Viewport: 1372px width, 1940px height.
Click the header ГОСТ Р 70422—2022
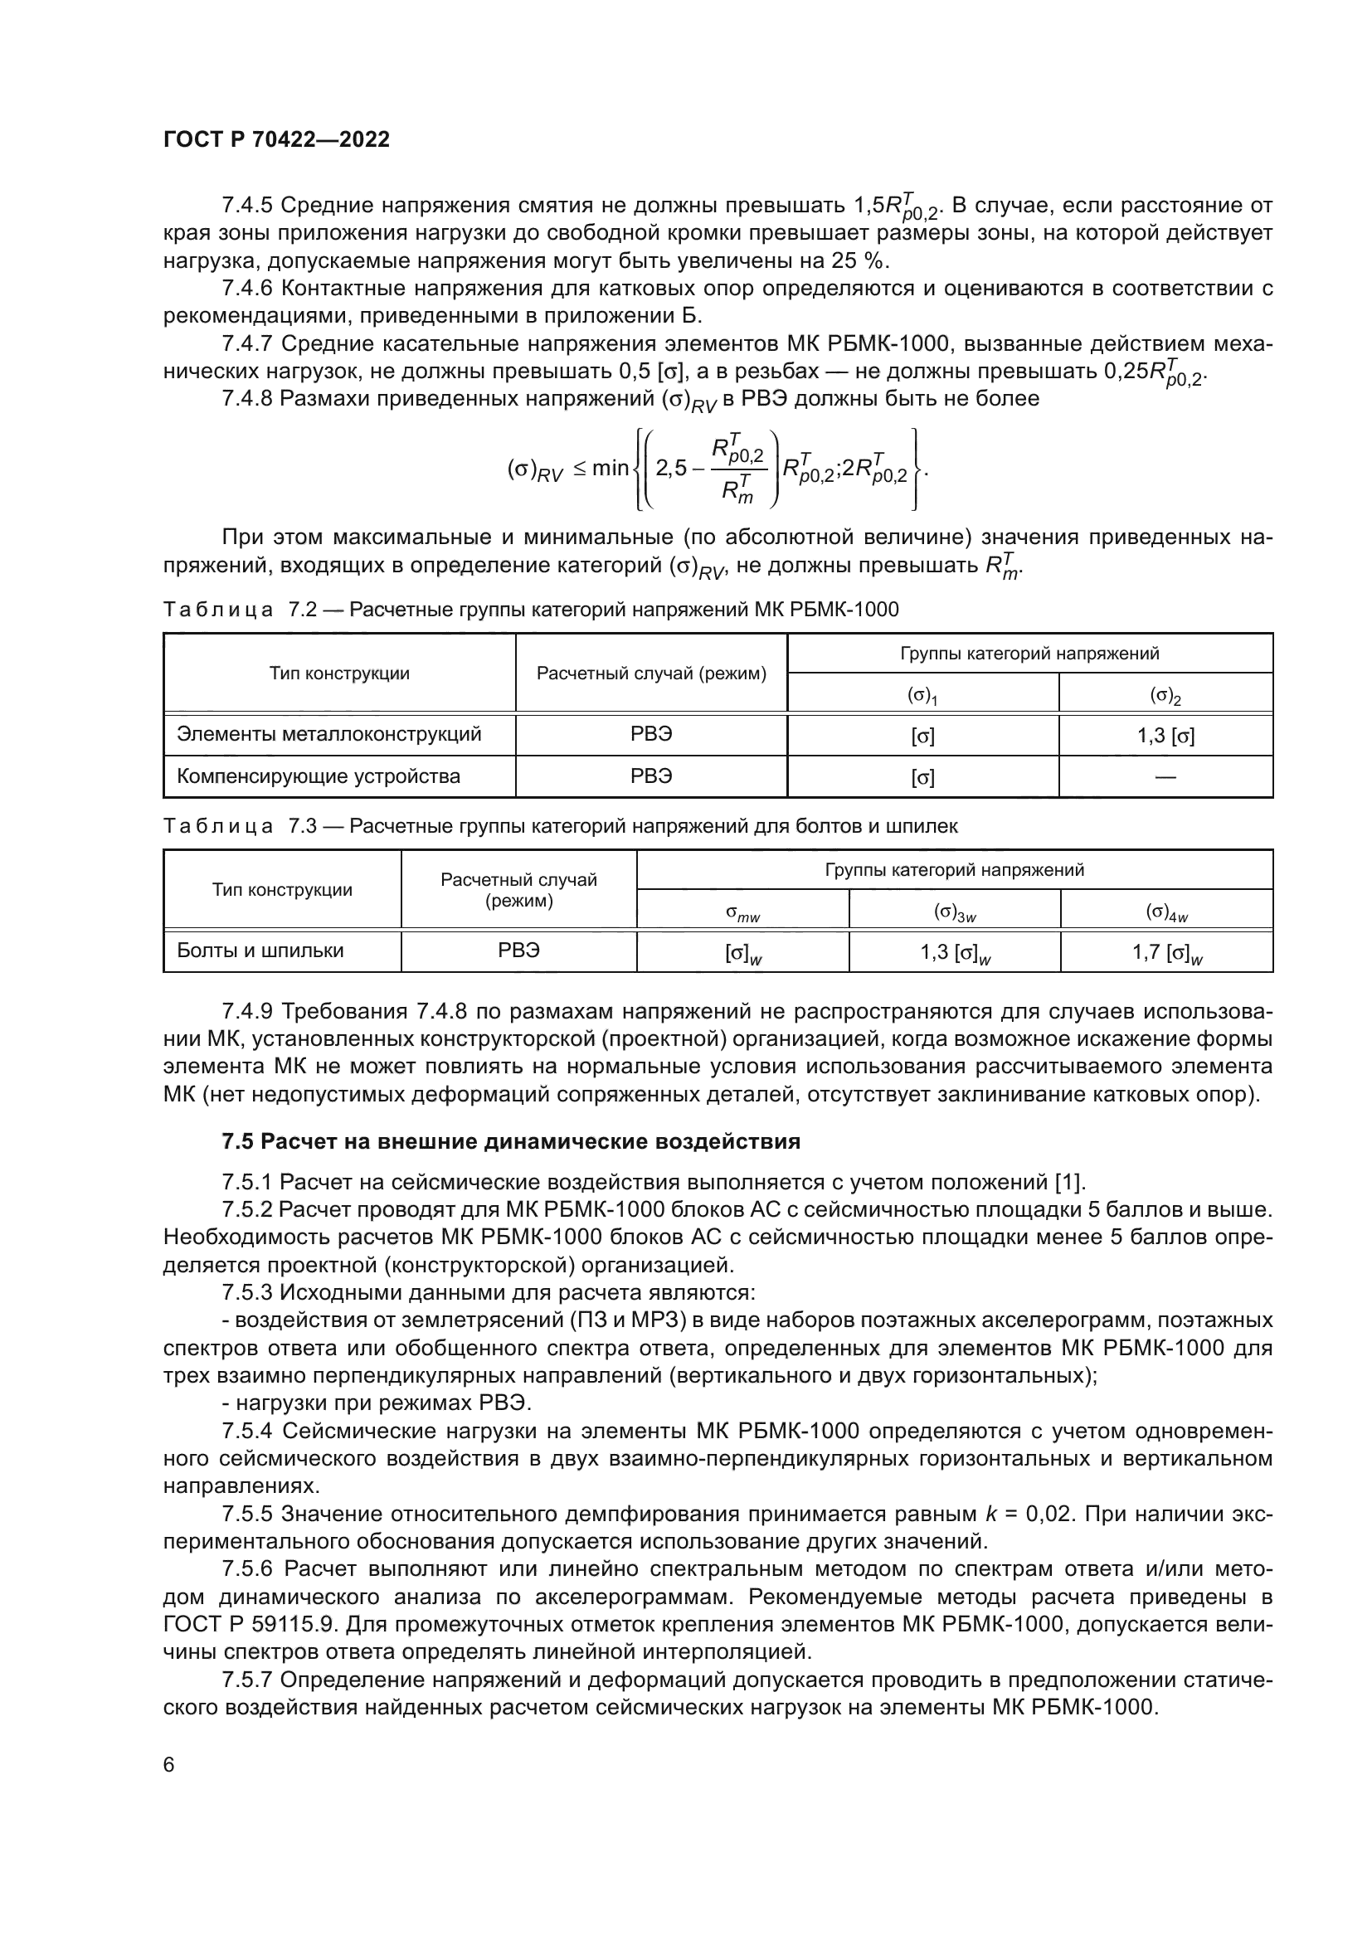click(x=276, y=140)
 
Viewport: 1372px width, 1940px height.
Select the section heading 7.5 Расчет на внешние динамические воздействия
click(x=510, y=1141)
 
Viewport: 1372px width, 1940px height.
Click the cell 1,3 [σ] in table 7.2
click(x=1165, y=735)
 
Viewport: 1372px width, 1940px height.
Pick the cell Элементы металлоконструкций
click(x=328, y=733)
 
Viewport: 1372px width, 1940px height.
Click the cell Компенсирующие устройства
click(x=318, y=776)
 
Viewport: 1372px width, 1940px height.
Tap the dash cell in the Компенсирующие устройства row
click(x=1165, y=776)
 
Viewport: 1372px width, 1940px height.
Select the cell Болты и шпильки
click(x=260, y=951)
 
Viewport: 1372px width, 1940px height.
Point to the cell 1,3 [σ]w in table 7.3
click(x=955, y=953)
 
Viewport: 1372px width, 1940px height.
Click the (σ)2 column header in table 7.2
click(x=1165, y=695)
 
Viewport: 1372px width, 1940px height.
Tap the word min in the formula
click(x=610, y=468)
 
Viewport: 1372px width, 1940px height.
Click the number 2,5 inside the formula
click(x=672, y=468)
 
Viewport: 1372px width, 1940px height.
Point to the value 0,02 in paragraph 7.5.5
click(x=1048, y=1514)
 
